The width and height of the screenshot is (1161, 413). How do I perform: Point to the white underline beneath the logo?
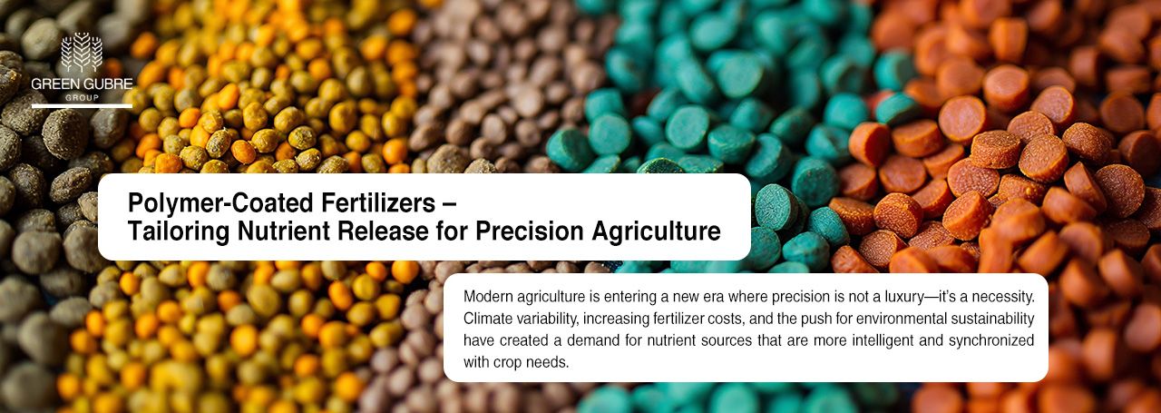(82, 106)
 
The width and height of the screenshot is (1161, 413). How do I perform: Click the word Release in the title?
(387, 232)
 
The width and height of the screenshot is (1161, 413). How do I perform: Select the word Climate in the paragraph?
(490, 319)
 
